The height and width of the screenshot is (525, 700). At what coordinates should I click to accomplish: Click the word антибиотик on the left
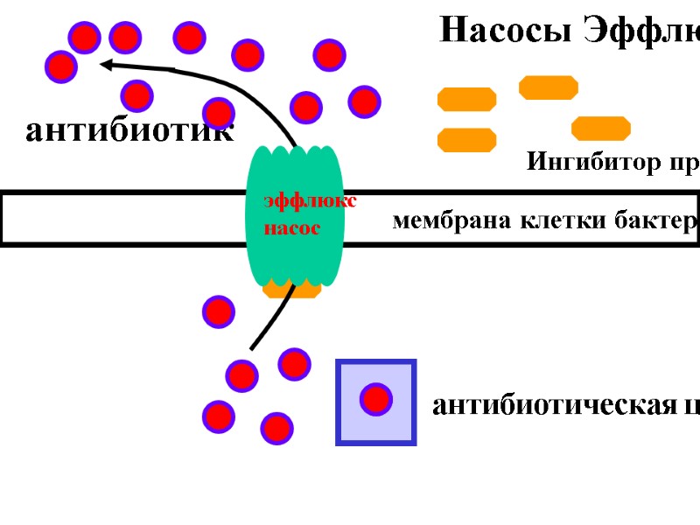pyautogui.click(x=129, y=131)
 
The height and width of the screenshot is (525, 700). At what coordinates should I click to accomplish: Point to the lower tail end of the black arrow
pyautogui.click(x=253, y=347)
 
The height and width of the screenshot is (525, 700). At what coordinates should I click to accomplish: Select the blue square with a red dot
pyautogui.click(x=376, y=402)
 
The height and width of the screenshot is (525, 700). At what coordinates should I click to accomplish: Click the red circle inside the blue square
pyautogui.click(x=376, y=399)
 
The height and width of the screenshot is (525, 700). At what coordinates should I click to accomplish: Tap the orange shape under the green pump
pyautogui.click(x=292, y=290)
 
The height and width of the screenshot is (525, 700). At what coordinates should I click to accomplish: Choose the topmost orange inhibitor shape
pyautogui.click(x=549, y=87)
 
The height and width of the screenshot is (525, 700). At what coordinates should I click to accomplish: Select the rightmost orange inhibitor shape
pyautogui.click(x=601, y=129)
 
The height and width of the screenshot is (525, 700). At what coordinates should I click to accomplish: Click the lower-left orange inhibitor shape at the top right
pyautogui.click(x=466, y=140)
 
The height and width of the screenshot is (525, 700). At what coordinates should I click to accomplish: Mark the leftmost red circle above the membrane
pyautogui.click(x=60, y=66)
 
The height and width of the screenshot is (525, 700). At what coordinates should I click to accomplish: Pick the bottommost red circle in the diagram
pyautogui.click(x=276, y=428)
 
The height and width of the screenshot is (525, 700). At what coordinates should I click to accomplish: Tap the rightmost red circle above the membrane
pyautogui.click(x=364, y=101)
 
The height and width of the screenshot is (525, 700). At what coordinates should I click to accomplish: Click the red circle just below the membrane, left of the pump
pyautogui.click(x=218, y=311)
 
